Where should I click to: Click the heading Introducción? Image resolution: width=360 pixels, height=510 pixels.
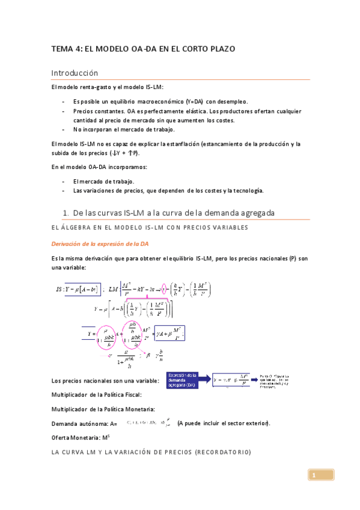[74, 73]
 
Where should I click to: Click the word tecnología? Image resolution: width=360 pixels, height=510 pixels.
[248, 191]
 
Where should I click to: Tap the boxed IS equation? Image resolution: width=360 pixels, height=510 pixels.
[76, 289]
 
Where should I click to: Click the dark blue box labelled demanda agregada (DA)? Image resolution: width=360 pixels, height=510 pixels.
[185, 379]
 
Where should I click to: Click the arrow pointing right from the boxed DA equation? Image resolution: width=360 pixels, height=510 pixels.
[253, 380]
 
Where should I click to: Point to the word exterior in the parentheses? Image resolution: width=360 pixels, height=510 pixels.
[256, 423]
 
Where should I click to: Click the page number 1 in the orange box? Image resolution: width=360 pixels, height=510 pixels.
[313, 476]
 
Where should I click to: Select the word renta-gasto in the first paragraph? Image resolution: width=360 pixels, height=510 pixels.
[86, 87]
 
